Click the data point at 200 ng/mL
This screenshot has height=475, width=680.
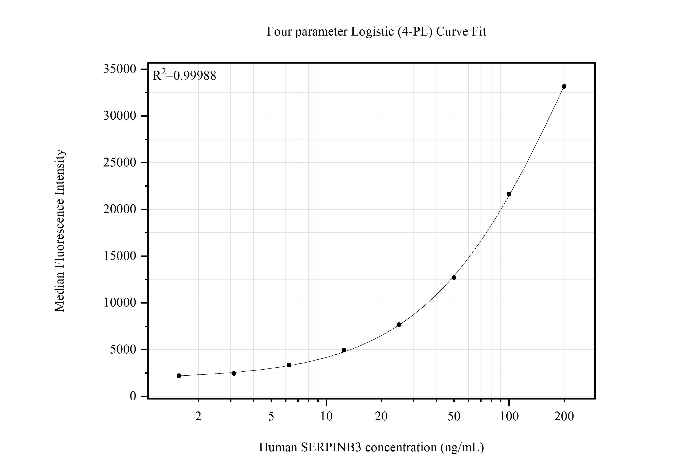(x=564, y=86)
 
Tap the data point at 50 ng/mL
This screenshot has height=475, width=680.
(x=454, y=278)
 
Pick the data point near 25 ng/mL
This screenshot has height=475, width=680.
(x=399, y=325)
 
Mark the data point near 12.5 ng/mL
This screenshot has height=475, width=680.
(x=344, y=350)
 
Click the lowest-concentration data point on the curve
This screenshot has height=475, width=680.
(x=179, y=376)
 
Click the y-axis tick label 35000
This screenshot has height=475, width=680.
(x=119, y=69)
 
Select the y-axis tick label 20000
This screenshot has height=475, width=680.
(x=119, y=209)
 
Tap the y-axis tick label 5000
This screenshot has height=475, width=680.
(x=123, y=349)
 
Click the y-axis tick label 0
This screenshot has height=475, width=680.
(x=133, y=396)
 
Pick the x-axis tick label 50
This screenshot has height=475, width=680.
(x=454, y=417)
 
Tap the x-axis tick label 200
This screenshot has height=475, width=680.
(x=564, y=417)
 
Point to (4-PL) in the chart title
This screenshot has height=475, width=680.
(x=415, y=32)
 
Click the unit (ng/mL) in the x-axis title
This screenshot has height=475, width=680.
(x=462, y=447)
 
